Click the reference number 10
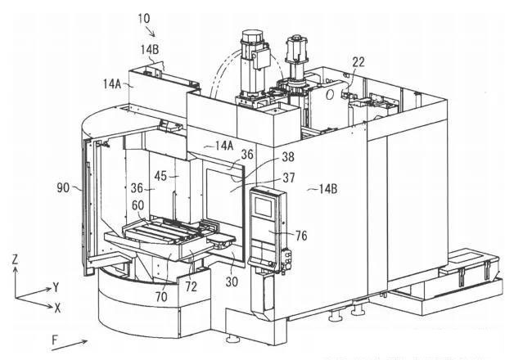(x=144, y=18)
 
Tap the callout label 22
(x=358, y=62)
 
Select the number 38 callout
(x=288, y=157)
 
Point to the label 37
(x=289, y=178)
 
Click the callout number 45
(x=160, y=176)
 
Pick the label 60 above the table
(x=138, y=205)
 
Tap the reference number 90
(x=63, y=187)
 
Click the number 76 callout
(x=301, y=236)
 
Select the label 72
(x=191, y=286)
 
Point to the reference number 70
(x=161, y=296)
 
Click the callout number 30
(x=232, y=281)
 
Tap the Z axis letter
(x=15, y=259)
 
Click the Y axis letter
(x=56, y=287)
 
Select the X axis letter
(x=57, y=308)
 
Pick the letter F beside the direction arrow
(x=55, y=340)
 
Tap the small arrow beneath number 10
(x=151, y=32)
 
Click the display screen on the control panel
(x=264, y=206)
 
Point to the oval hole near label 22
(x=330, y=95)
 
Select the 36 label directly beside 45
(x=137, y=188)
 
